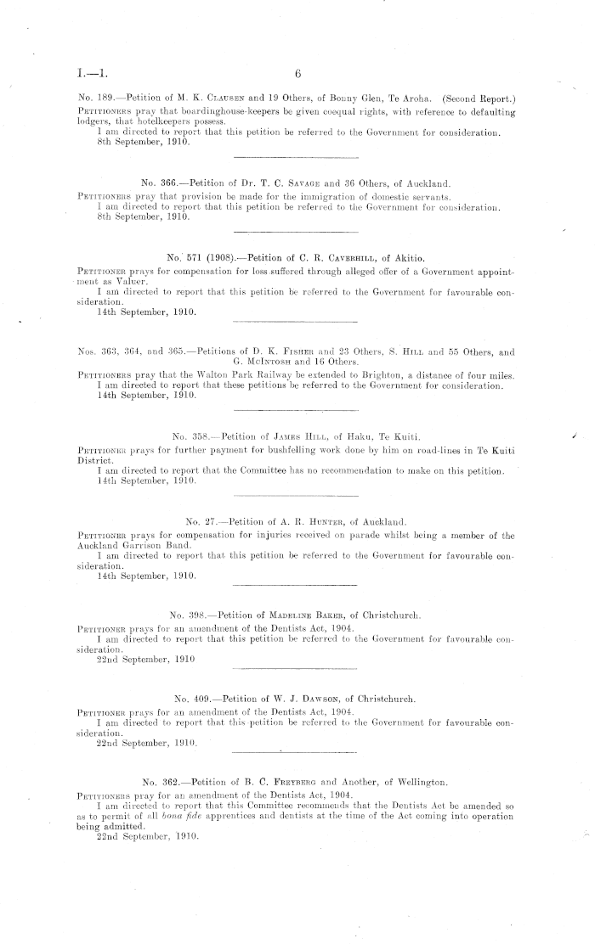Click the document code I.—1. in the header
point(83,74)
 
